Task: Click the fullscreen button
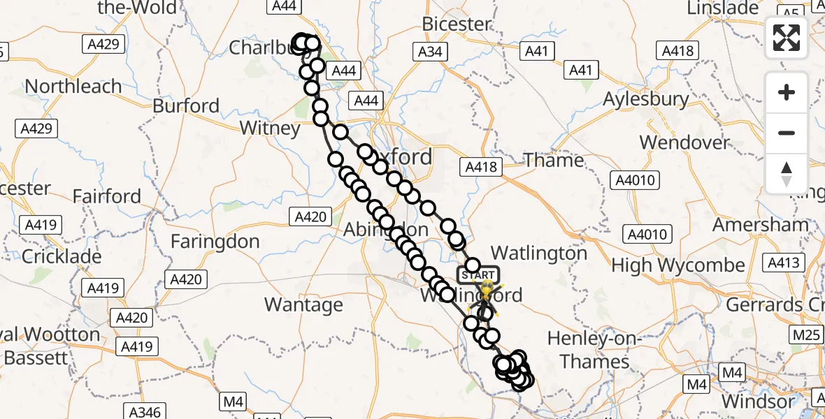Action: (x=787, y=38)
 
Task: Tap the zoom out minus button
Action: (x=787, y=133)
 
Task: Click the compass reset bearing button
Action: (x=787, y=173)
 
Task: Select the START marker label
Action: (x=479, y=274)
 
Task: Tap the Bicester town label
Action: (x=457, y=24)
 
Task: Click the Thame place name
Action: (x=554, y=160)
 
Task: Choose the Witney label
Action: (x=269, y=128)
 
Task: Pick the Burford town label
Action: (x=186, y=105)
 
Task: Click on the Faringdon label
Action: (x=215, y=242)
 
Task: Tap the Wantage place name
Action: (x=303, y=304)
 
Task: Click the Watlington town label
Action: (x=539, y=253)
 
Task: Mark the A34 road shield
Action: (x=430, y=51)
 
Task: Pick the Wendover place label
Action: (x=684, y=142)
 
